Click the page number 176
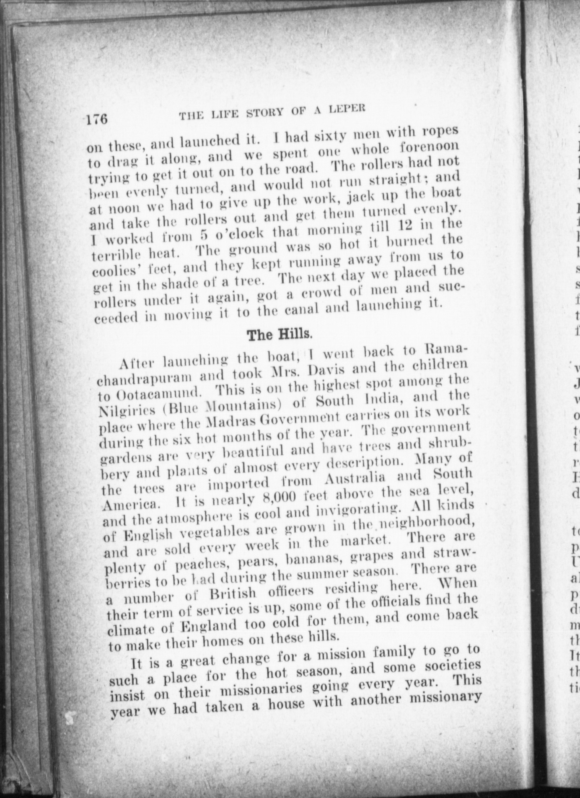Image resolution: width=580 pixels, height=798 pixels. pos(97,119)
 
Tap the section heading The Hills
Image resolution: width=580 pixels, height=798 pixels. pos(279,334)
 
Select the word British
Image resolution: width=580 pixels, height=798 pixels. pos(232,593)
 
